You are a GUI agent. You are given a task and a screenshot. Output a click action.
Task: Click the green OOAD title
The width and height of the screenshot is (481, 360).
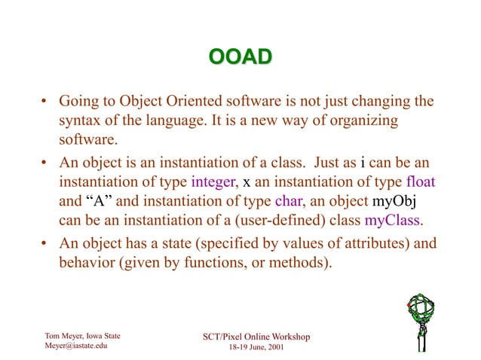click(240, 58)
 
